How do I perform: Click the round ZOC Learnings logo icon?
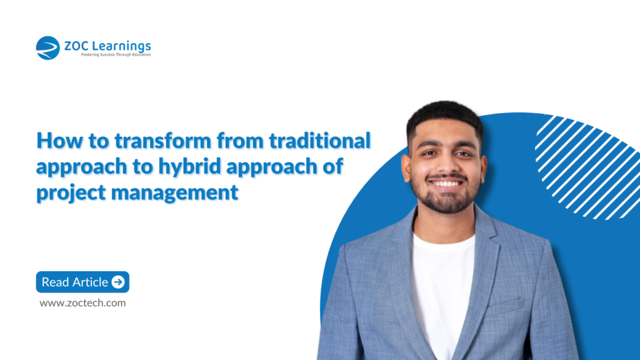point(48,48)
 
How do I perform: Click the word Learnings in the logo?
point(123,46)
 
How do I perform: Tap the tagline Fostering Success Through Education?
point(116,55)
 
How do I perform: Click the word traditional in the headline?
point(320,141)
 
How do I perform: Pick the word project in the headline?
point(71,192)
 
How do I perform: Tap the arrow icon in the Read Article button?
point(118,282)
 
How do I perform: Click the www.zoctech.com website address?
point(82,302)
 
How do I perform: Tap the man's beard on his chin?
point(445,203)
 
